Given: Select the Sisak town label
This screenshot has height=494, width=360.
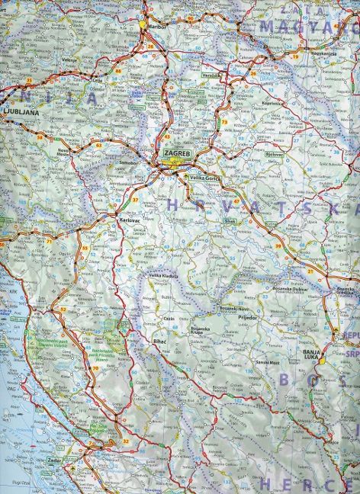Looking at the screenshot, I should coord(230,223).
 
